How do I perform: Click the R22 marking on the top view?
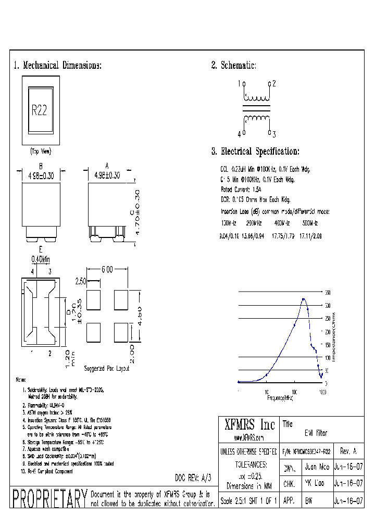point(40,110)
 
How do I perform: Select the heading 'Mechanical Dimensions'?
point(57,66)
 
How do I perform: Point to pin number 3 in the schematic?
point(273,134)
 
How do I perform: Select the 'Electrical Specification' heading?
point(255,152)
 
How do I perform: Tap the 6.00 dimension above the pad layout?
point(107,269)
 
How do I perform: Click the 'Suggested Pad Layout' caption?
point(107,368)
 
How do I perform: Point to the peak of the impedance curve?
point(304,299)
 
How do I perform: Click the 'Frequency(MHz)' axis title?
point(280,397)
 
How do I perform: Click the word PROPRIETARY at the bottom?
point(49,498)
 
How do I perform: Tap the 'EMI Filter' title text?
point(316,433)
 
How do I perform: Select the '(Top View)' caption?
point(40,152)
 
